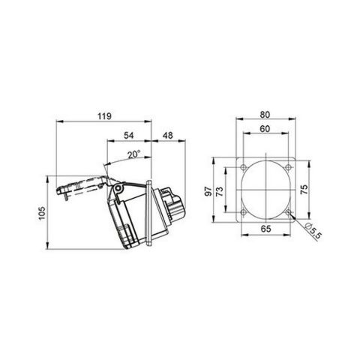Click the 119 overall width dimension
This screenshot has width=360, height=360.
point(105,115)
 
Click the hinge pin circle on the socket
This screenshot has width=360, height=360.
point(116,186)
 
